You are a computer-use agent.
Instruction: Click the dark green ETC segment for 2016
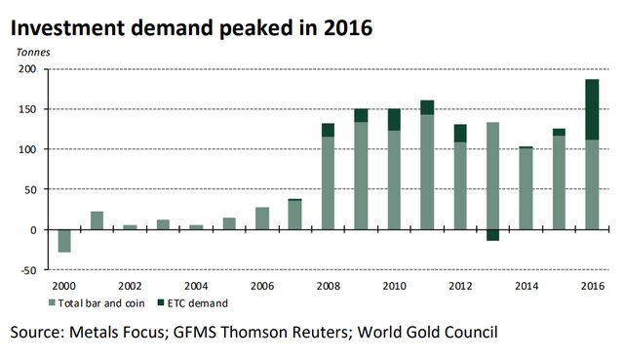pyautogui.click(x=592, y=109)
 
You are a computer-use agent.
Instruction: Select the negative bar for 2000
pyautogui.click(x=64, y=241)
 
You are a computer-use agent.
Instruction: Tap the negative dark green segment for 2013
pyautogui.click(x=492, y=235)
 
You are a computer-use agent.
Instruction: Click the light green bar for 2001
pyautogui.click(x=97, y=220)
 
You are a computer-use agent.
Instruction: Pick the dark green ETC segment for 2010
pyautogui.click(x=394, y=119)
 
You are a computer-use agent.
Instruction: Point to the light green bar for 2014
pyautogui.click(x=526, y=188)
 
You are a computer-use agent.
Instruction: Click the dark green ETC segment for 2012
pyautogui.click(x=460, y=134)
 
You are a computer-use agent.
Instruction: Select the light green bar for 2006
pyautogui.click(x=262, y=219)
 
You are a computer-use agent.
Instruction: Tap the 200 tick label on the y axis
pyautogui.click(x=27, y=69)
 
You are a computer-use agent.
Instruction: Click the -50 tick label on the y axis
pyautogui.click(x=28, y=270)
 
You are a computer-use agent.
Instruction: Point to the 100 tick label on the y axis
pyautogui.click(x=27, y=149)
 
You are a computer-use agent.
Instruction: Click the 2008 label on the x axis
pyautogui.click(x=329, y=286)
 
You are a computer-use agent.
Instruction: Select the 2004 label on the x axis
pyautogui.click(x=196, y=286)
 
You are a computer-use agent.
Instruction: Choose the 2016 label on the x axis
pyautogui.click(x=593, y=286)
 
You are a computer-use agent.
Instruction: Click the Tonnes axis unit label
pyautogui.click(x=33, y=52)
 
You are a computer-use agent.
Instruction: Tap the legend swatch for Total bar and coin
pyautogui.click(x=52, y=303)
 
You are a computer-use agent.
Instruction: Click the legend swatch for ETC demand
pyautogui.click(x=161, y=303)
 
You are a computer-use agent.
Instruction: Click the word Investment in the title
pyautogui.click(x=67, y=28)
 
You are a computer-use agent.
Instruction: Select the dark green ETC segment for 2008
pyautogui.click(x=328, y=130)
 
